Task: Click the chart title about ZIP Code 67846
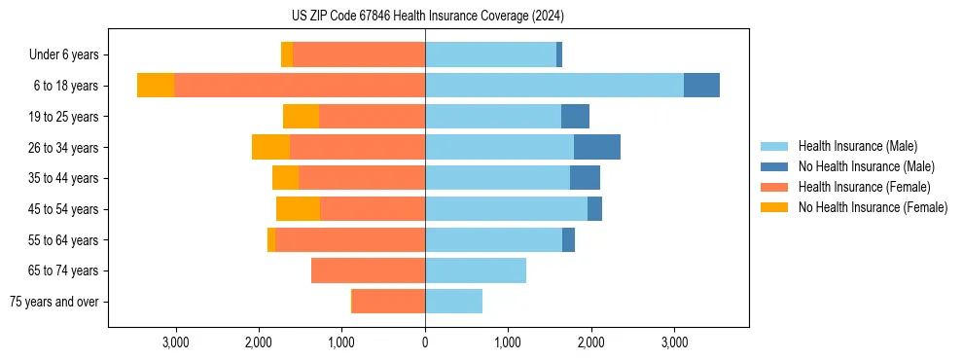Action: click(427, 16)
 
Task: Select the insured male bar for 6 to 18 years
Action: click(553, 86)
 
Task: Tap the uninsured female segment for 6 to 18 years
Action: click(156, 86)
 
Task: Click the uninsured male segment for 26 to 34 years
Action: click(597, 147)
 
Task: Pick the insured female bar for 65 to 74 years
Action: click(368, 270)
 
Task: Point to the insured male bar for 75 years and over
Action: click(453, 302)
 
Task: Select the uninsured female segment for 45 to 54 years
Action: click(298, 209)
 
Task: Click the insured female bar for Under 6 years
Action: click(359, 54)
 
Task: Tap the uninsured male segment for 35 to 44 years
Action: click(585, 178)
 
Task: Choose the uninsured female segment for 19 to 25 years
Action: click(301, 117)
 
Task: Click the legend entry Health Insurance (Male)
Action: click(857, 146)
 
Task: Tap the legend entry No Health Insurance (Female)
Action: click(872, 207)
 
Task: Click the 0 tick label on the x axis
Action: click(425, 342)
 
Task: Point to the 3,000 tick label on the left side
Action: click(176, 342)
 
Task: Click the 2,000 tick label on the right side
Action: click(591, 342)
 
